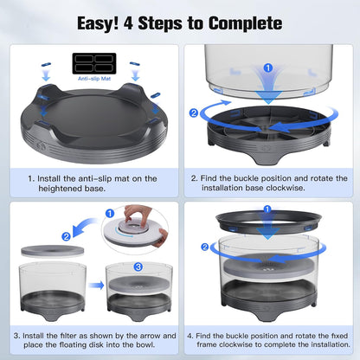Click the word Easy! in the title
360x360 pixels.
[x=100, y=22]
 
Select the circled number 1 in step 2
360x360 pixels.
[x=267, y=67]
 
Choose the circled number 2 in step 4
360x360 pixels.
[x=204, y=247]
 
